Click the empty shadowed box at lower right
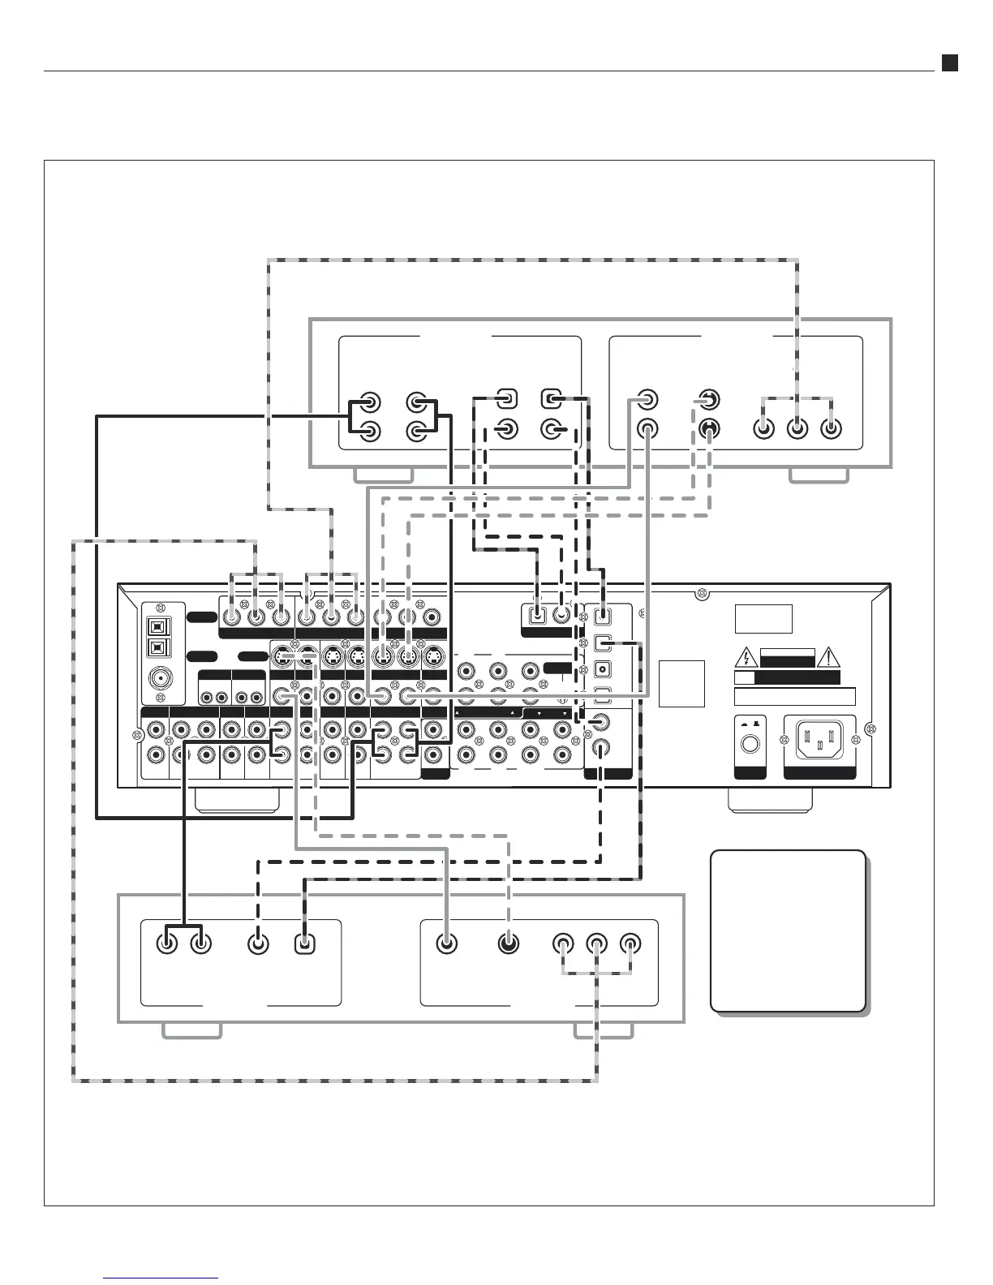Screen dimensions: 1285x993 point(787,930)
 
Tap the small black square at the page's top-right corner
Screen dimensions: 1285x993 point(949,62)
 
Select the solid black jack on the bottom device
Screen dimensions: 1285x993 point(509,943)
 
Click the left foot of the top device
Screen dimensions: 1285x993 point(385,475)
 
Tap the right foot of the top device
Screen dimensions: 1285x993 point(819,475)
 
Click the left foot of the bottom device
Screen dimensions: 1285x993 point(191,1030)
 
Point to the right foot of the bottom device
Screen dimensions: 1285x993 point(603,1030)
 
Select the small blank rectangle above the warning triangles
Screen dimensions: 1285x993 point(763,618)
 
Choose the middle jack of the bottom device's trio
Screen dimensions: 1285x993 point(597,943)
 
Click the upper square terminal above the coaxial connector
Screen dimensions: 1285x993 point(157,626)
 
